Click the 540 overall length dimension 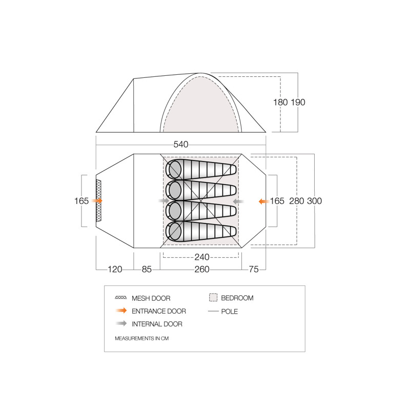pos(181,145)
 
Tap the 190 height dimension pos(298,102)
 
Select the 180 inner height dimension pos(280,102)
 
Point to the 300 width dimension pos(314,201)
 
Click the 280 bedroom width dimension pos(297,201)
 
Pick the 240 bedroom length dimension pos(202,257)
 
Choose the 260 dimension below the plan pos(202,269)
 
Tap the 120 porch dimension pos(115,269)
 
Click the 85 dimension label pos(147,269)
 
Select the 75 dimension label pos(254,269)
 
